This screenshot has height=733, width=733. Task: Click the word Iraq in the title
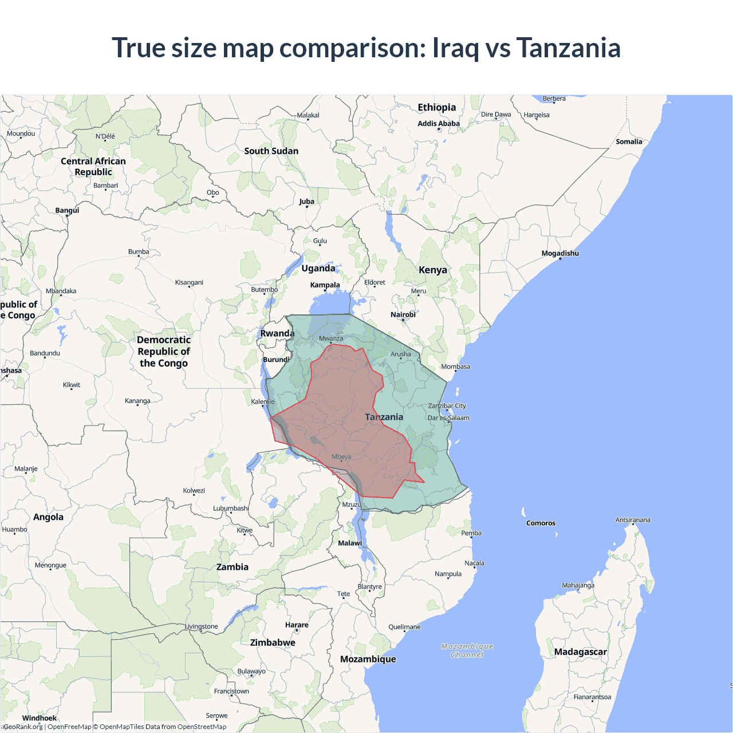click(x=455, y=48)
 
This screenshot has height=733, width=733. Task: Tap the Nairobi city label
click(x=403, y=315)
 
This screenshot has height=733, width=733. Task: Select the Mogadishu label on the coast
click(x=560, y=253)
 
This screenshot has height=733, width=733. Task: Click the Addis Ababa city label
click(x=439, y=124)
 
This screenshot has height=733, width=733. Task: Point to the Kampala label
click(x=325, y=285)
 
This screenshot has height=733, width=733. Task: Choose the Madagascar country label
click(x=580, y=652)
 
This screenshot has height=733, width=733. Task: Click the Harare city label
click(x=297, y=625)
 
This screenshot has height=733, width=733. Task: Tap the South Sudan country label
click(x=271, y=151)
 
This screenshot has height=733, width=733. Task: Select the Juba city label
click(x=306, y=202)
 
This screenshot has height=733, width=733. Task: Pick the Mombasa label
click(x=455, y=366)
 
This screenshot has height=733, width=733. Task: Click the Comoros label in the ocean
click(x=541, y=523)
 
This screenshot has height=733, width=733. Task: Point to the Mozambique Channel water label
click(x=467, y=651)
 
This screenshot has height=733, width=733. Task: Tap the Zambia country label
click(x=232, y=567)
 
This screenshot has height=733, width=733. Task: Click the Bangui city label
click(x=67, y=210)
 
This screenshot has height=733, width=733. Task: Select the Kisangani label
click(x=189, y=282)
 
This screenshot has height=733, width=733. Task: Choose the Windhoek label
click(x=40, y=718)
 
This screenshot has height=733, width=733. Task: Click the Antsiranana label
click(x=633, y=520)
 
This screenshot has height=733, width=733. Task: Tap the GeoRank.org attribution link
click(x=23, y=727)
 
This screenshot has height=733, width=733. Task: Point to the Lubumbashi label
click(x=231, y=508)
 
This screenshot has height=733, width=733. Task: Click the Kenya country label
click(x=433, y=270)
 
